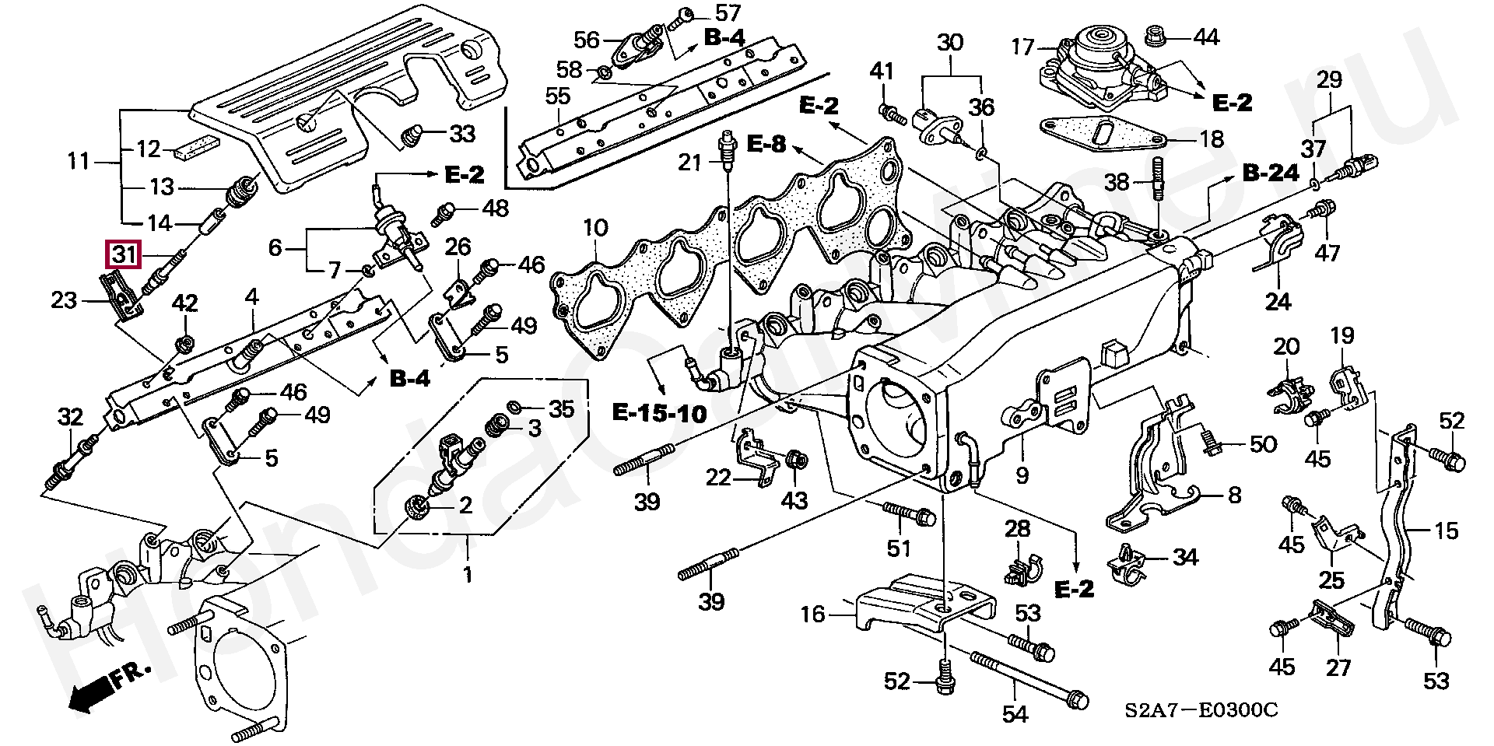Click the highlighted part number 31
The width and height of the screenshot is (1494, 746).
pos(124,254)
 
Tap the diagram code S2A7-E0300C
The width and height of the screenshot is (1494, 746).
pos(1201,711)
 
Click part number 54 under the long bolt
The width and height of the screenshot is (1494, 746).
pos(1015,713)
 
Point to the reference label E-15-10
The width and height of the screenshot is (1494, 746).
pos(659,412)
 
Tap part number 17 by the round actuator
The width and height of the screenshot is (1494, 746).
pos(1023,48)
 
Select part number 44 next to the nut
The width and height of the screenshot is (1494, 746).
pos(1206,37)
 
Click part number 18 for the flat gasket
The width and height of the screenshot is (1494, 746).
pos(1212,139)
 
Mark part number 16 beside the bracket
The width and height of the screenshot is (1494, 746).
pos(812,615)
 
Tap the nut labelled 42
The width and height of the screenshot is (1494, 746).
pos(184,343)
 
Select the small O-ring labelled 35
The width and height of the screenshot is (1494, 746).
pos(515,407)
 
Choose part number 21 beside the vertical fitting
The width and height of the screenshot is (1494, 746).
pos(690,163)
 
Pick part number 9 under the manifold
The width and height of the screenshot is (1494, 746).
pos(1022,475)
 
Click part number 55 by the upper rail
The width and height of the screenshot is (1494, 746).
pos(557,97)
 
